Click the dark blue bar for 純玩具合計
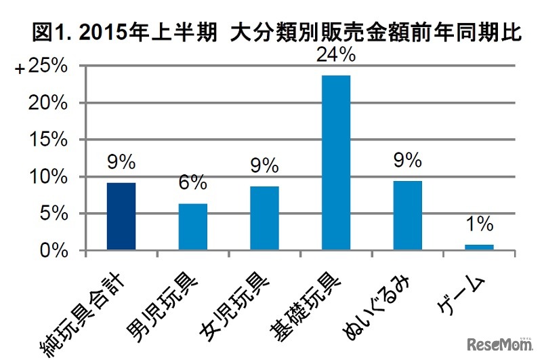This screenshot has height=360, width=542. (x=122, y=216)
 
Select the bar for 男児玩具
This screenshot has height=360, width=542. (x=192, y=226)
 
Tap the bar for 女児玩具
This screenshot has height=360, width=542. (x=264, y=218)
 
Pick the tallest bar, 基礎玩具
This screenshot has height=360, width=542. (x=336, y=163)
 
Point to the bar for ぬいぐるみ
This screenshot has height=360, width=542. (x=408, y=216)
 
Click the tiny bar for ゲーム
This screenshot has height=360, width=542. (x=480, y=247)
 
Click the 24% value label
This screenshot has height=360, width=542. (x=336, y=57)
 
